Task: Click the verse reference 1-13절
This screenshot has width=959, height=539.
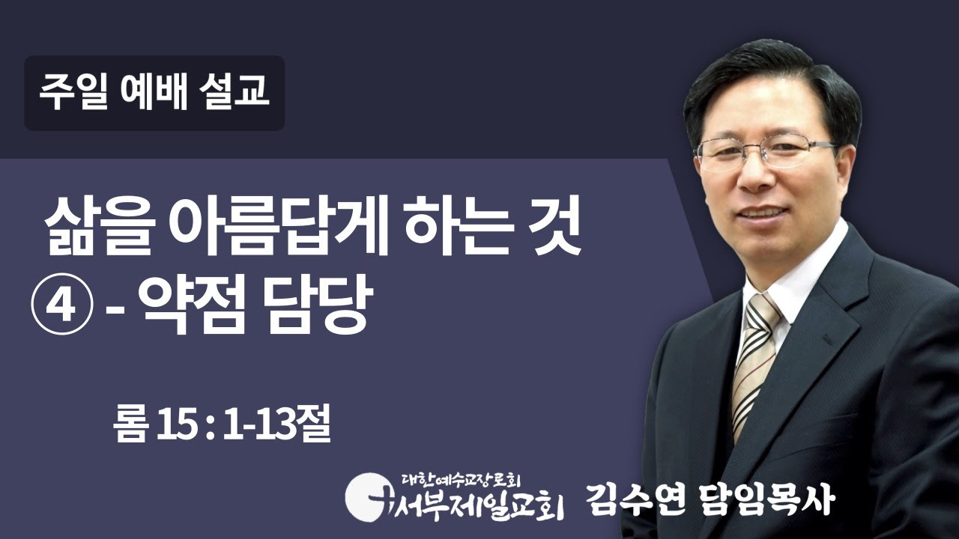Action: [x=276, y=427]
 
